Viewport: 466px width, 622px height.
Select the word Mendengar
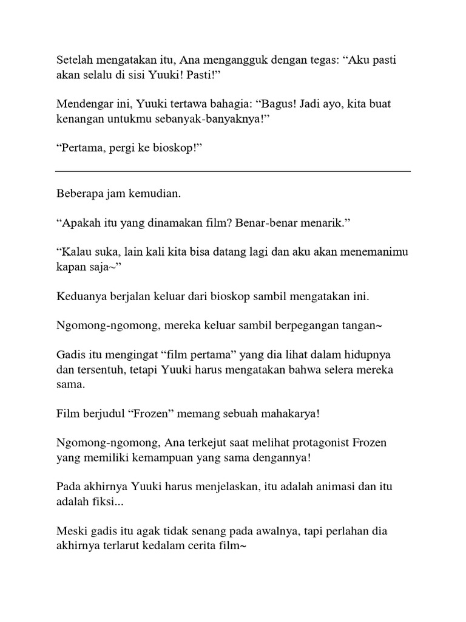coord(83,104)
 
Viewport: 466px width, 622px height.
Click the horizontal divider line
coord(233,171)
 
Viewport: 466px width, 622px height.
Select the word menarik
coord(327,223)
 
